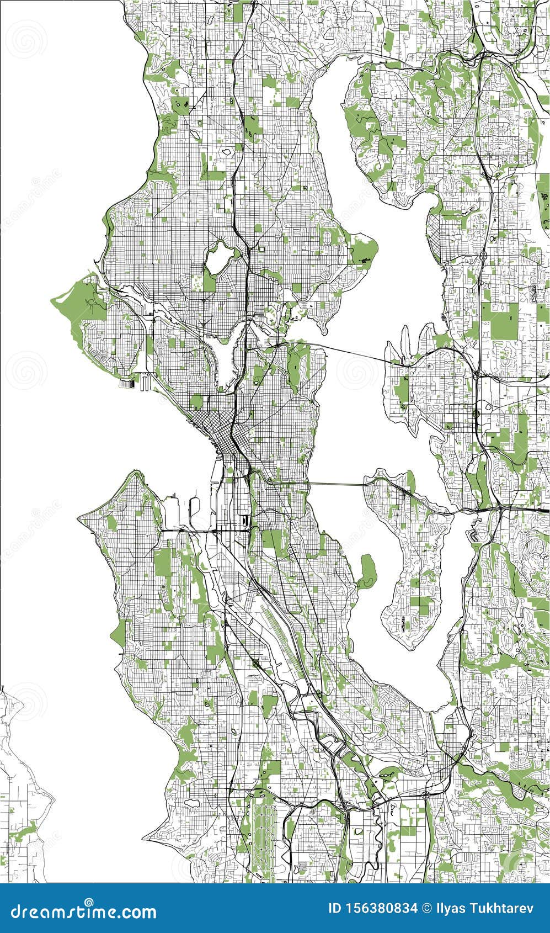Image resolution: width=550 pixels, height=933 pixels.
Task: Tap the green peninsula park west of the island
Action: pos(367,571)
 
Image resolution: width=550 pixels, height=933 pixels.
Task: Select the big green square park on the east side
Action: pos(504,320)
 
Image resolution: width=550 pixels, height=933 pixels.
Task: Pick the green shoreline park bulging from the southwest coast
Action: pos(119,633)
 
